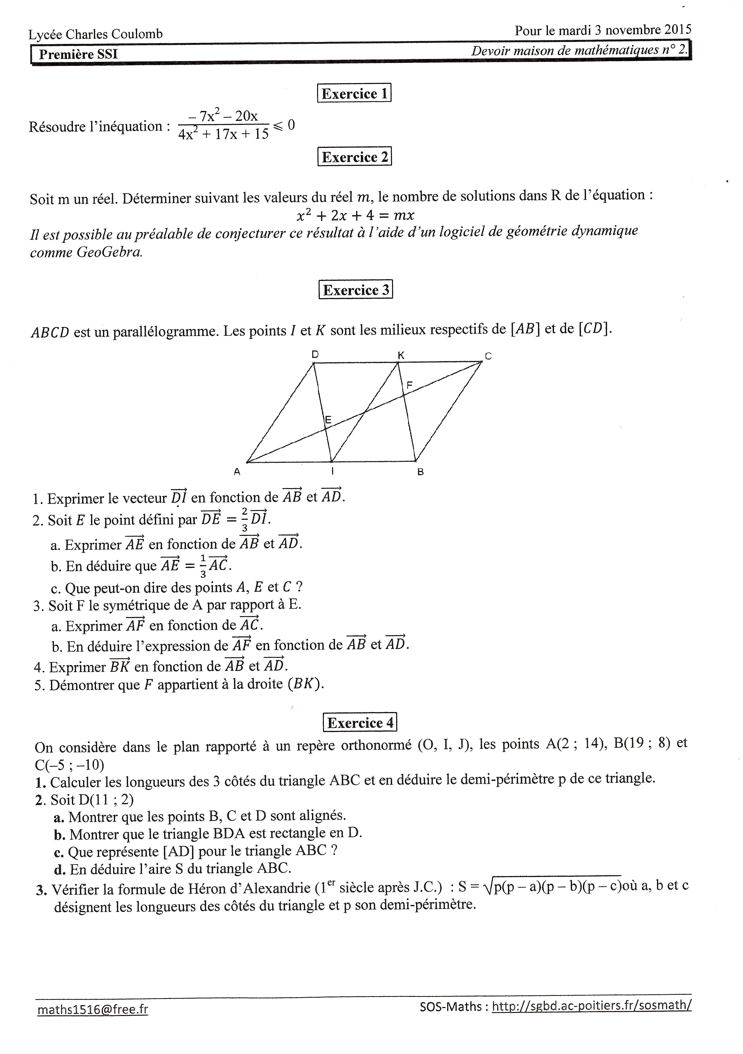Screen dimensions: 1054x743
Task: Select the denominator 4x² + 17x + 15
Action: [x=224, y=134]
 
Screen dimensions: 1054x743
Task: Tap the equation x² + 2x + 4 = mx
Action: [x=355, y=215]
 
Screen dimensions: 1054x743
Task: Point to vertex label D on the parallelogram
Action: [x=315, y=354]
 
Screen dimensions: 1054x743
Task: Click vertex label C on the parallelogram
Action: [x=488, y=356]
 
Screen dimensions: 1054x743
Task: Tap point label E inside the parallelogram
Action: [x=328, y=419]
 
